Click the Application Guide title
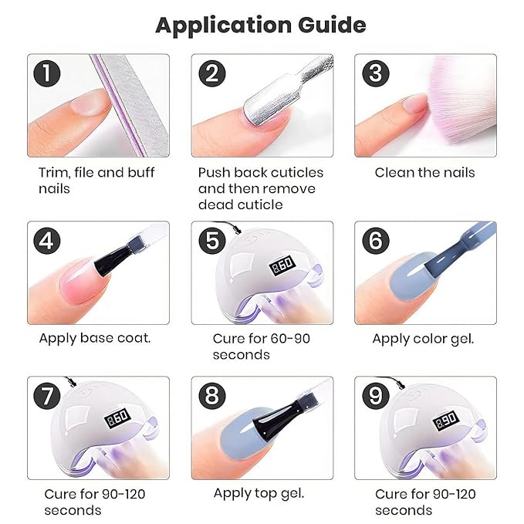coord(261,25)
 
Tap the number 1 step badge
coord(48,74)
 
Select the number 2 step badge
coord(211,74)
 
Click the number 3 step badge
coord(375,74)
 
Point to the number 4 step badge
coord(48,242)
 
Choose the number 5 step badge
coord(211,242)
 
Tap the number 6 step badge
coord(375,242)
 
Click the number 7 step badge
coord(48,397)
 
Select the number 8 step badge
coord(211,397)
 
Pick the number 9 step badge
coord(375,397)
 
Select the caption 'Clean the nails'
coord(424,172)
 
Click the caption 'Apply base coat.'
coord(95,338)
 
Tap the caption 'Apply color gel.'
coord(423,338)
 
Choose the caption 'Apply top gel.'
coord(259,493)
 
